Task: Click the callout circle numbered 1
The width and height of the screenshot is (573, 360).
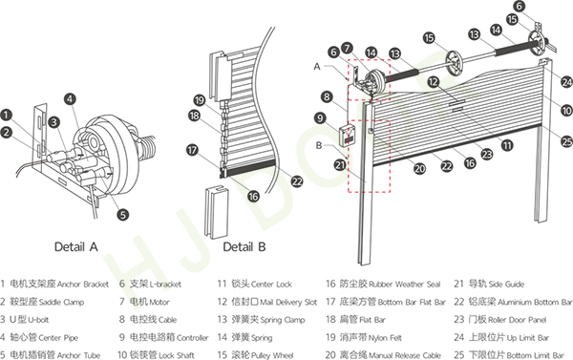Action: (6, 116)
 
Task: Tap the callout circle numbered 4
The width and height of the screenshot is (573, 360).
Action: (70, 99)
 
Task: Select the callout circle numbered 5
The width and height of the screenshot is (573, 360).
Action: (123, 215)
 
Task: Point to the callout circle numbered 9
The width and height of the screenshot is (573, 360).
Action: (320, 118)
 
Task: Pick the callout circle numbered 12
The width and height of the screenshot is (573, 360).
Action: (434, 82)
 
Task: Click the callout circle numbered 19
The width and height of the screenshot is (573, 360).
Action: (200, 100)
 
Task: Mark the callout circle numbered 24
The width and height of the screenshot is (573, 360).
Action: (566, 82)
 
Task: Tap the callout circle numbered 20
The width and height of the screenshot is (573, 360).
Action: (420, 168)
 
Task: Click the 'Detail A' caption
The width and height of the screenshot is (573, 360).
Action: (76, 247)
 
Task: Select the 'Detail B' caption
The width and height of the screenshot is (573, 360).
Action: (244, 247)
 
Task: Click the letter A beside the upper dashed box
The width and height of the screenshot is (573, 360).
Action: (317, 67)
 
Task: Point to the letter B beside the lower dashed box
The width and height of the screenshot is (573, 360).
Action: (319, 145)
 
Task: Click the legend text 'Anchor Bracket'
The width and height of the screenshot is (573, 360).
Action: (83, 285)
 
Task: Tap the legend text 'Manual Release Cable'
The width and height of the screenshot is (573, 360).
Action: (405, 355)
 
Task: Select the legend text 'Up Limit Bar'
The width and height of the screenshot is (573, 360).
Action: (528, 338)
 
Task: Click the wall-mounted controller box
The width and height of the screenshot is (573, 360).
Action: (347, 136)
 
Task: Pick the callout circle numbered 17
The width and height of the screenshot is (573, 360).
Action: (192, 150)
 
